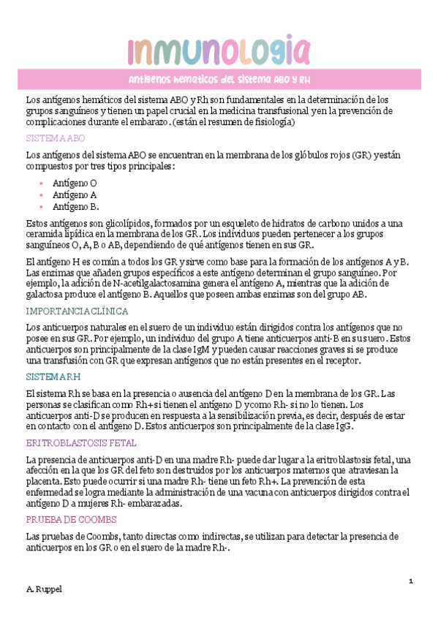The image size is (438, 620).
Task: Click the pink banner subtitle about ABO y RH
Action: click(219, 80)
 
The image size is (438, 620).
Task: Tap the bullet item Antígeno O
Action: click(75, 183)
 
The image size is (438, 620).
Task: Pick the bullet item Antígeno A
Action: click(75, 195)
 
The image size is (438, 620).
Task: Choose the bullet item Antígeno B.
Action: click(75, 207)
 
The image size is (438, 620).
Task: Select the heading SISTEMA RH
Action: click(53, 377)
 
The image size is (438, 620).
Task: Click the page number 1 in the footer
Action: click(412, 581)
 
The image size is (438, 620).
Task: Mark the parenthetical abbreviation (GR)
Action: click(361, 156)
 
